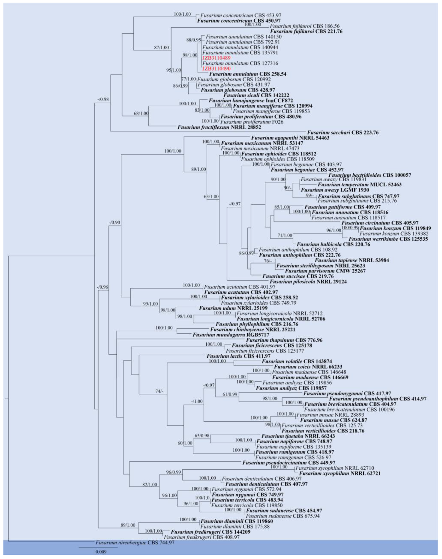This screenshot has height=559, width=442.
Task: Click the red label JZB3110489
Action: click(x=216, y=58)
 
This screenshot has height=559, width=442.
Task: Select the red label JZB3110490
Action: click(x=216, y=69)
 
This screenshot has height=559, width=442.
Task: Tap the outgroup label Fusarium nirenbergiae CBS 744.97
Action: click(x=135, y=542)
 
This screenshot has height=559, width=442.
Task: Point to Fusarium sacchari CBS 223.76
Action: click(x=343, y=132)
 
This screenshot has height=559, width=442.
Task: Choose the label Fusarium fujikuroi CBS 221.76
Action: click(x=306, y=31)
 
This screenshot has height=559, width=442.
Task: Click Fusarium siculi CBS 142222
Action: click(x=256, y=95)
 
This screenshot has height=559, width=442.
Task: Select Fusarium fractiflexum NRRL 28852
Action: click(x=219, y=127)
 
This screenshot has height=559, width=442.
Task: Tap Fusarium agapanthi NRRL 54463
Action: click(x=290, y=138)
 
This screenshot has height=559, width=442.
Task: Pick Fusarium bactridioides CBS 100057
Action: click(x=370, y=175)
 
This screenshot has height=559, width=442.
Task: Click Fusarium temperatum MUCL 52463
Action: click(x=360, y=185)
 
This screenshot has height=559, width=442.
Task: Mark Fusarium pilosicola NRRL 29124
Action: click(x=308, y=282)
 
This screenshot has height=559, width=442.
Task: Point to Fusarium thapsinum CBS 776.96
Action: click(x=284, y=340)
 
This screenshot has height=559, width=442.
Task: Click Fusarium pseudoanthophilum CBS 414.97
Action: click(x=378, y=399)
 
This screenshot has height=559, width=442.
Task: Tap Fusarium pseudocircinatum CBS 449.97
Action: click(x=289, y=463)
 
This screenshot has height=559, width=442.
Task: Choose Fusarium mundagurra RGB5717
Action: click(x=231, y=335)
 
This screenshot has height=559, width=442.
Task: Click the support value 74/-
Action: click(x=159, y=391)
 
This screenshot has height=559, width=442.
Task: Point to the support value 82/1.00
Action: click(x=150, y=484)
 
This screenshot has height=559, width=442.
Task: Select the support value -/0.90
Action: click(x=114, y=222)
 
